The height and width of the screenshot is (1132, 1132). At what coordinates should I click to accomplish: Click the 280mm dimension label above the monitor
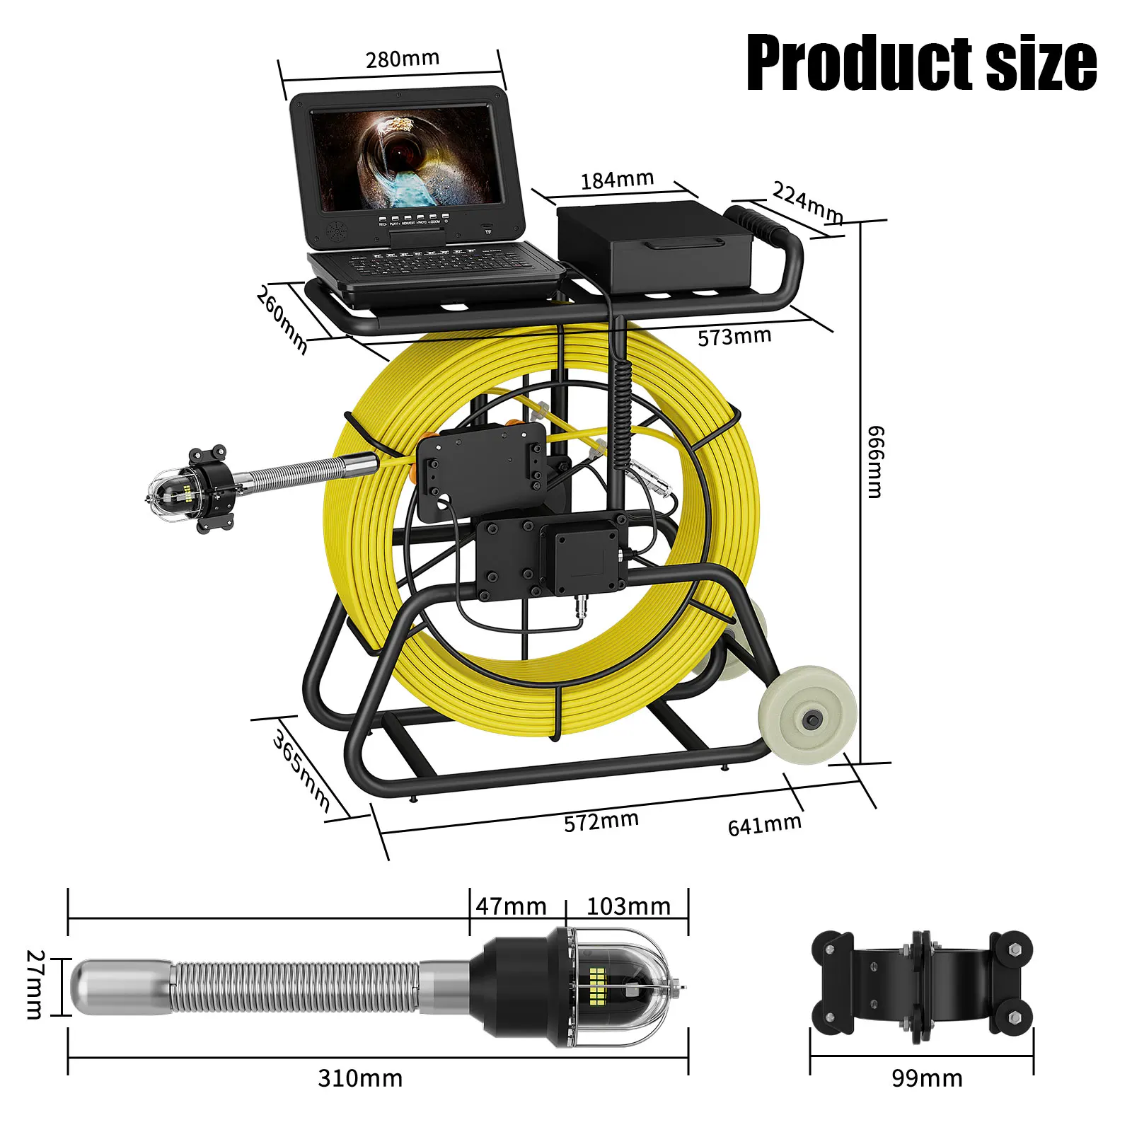(403, 59)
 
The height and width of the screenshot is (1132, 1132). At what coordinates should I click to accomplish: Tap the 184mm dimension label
(617, 180)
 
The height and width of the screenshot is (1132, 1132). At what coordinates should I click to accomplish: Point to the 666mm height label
(875, 462)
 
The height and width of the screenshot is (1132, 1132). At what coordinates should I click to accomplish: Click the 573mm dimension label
(734, 337)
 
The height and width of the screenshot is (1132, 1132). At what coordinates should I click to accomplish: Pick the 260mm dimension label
(282, 319)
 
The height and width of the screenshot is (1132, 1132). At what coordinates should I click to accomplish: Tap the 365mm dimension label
(301, 770)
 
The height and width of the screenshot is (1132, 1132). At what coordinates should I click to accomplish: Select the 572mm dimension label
(601, 821)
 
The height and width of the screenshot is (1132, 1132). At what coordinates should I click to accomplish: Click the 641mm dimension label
(765, 824)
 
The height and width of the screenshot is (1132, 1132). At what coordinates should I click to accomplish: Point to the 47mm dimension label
(511, 906)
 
